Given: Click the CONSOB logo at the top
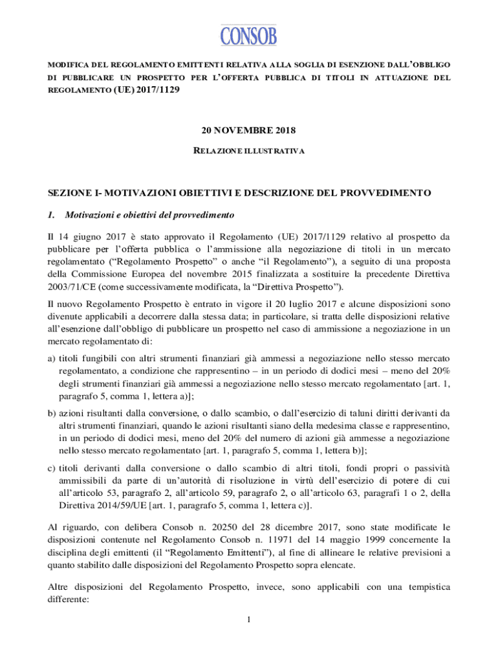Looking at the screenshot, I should point(249,35).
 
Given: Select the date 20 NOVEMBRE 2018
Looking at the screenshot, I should point(249,131).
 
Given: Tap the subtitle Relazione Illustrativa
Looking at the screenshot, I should point(249,151).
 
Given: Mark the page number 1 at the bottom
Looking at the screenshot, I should point(249,621).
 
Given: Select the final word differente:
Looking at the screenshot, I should point(71,600).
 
